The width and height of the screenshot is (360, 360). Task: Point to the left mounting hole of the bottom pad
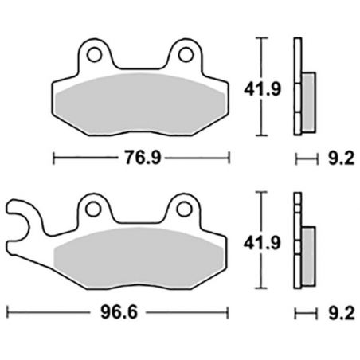coord(96,209)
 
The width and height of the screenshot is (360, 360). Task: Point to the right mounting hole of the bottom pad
coord(186,209)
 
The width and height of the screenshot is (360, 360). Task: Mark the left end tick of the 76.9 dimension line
coord(53,158)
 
